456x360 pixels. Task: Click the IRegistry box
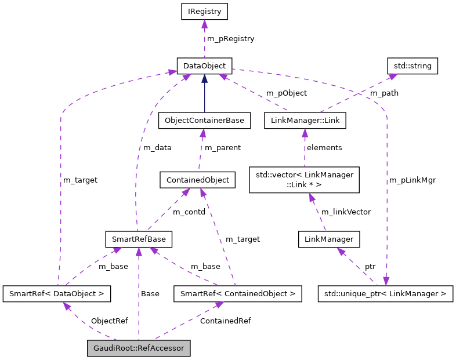[204, 11]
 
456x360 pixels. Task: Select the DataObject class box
[204, 66]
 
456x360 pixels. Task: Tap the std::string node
[412, 66]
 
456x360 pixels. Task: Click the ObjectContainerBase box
[204, 121]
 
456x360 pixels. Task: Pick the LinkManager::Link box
[305, 121]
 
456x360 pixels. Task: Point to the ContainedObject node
[197, 180]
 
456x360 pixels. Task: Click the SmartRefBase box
[138, 239]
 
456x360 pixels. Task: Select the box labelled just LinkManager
[328, 239]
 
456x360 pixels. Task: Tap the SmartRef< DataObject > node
[56, 294]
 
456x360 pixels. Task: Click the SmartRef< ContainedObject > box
[238, 294]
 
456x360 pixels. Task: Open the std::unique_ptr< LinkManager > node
[385, 294]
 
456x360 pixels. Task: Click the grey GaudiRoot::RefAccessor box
[139, 348]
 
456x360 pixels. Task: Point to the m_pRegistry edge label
[230, 39]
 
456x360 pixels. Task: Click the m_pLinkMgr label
[412, 180]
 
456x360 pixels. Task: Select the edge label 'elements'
[324, 147]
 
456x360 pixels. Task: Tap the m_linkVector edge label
[346, 212]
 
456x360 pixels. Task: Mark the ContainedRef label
[225, 321]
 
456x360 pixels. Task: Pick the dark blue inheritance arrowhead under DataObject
[204, 78]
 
